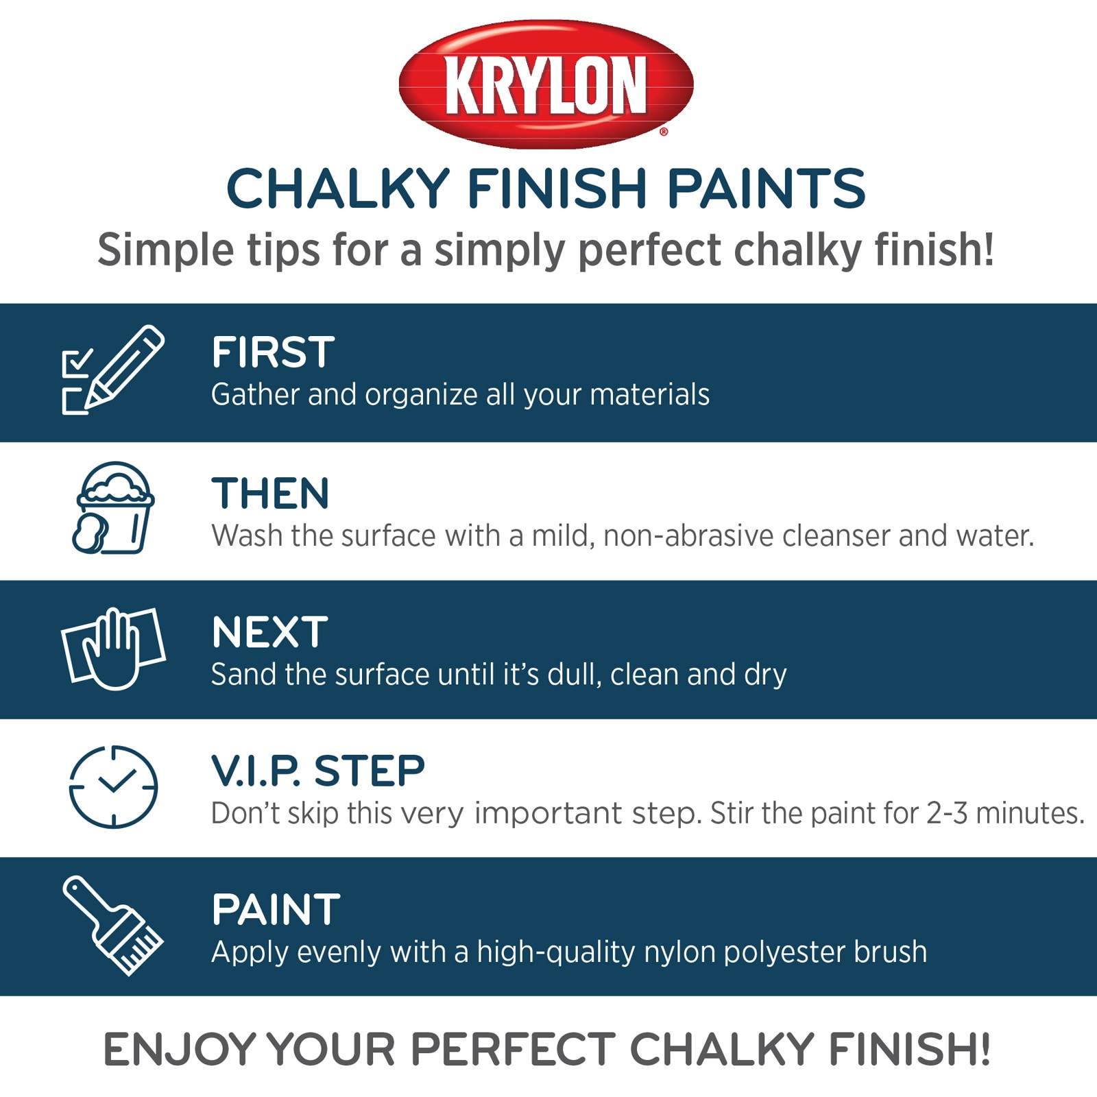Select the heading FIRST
(273, 352)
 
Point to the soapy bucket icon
(114, 508)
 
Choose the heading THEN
(270, 494)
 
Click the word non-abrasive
(688, 536)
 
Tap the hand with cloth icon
(113, 648)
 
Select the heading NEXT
(269, 632)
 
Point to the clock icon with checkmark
(114, 786)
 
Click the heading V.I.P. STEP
(317, 771)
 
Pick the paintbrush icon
(113, 925)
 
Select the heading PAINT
(276, 910)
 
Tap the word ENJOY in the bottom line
(180, 1050)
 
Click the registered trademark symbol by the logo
(663, 132)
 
